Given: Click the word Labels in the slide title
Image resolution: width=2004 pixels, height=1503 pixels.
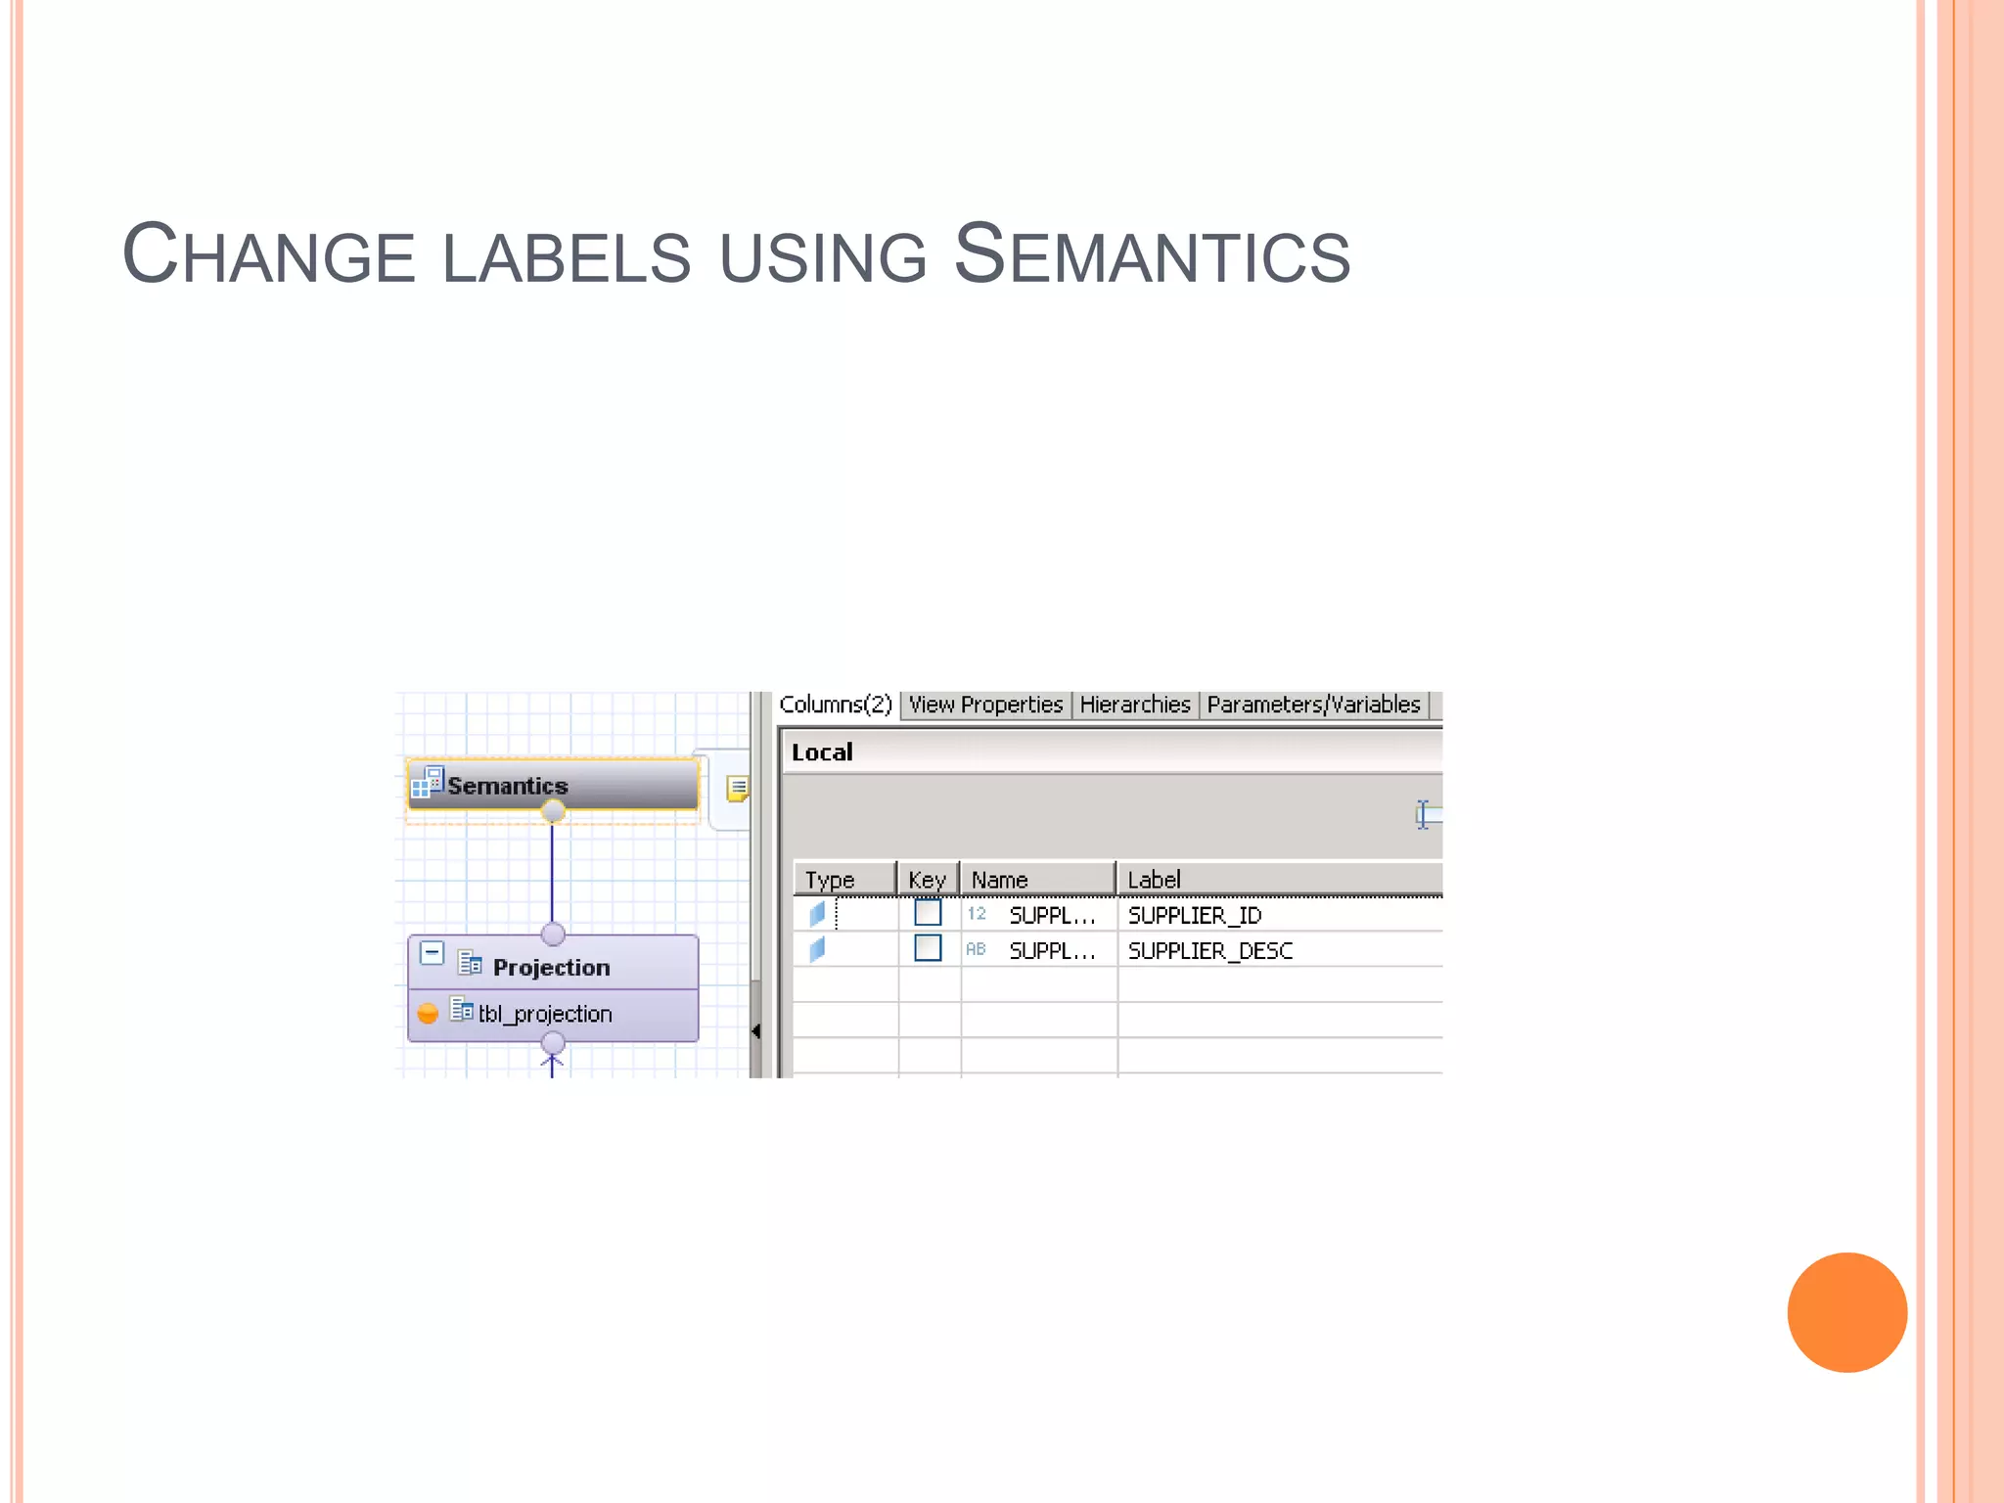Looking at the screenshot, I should tap(567, 257).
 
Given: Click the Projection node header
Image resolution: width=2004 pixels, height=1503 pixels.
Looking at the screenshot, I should tap(551, 967).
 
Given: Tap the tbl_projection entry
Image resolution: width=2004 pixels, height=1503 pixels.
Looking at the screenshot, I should tap(545, 1014).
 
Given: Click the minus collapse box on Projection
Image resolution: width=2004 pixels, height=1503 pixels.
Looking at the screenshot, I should tap(432, 952).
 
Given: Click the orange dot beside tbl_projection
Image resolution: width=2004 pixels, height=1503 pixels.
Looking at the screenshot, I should tap(428, 1013).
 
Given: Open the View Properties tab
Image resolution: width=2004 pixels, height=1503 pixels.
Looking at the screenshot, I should tap(985, 705).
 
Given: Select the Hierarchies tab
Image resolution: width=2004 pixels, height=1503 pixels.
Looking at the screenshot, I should tap(1135, 705).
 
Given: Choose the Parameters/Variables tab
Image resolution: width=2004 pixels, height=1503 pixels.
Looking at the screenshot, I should tap(1313, 705).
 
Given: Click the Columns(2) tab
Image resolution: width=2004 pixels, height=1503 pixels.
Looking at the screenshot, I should tap(836, 705).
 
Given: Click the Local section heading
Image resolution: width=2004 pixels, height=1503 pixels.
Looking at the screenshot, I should tap(822, 752).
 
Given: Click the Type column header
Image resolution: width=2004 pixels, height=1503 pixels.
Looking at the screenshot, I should tap(830, 880).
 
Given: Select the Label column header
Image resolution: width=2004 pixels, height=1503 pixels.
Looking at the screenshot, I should tap(1155, 880).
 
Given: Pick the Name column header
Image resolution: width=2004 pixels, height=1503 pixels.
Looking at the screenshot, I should tap(999, 880).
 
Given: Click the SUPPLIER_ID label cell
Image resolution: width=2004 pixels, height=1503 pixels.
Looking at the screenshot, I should tap(1195, 915).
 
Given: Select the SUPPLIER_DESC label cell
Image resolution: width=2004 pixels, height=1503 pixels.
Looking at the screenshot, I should tap(1210, 950).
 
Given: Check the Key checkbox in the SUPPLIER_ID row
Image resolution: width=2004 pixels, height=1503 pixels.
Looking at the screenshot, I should tap(928, 913).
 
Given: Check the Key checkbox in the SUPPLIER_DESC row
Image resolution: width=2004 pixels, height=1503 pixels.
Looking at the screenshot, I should tap(928, 948).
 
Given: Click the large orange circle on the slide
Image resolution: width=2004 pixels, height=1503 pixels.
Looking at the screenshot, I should tap(1846, 1312).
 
